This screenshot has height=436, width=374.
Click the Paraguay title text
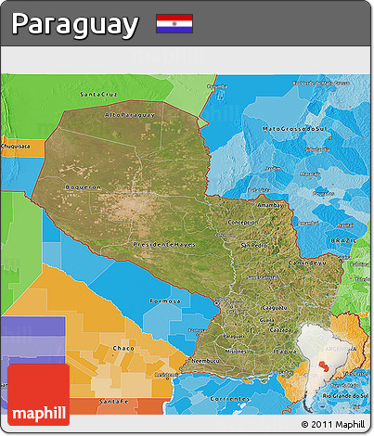coord(75,24)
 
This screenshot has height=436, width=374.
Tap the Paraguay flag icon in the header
coord(174,23)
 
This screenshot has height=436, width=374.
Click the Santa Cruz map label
coord(98,95)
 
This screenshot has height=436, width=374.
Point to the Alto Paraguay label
coord(129,115)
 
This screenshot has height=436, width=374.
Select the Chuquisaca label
coord(16,146)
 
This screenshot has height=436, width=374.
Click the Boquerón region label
coord(83,186)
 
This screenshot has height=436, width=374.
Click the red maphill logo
coord(38,394)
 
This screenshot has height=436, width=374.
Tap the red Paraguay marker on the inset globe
coord(323,365)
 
